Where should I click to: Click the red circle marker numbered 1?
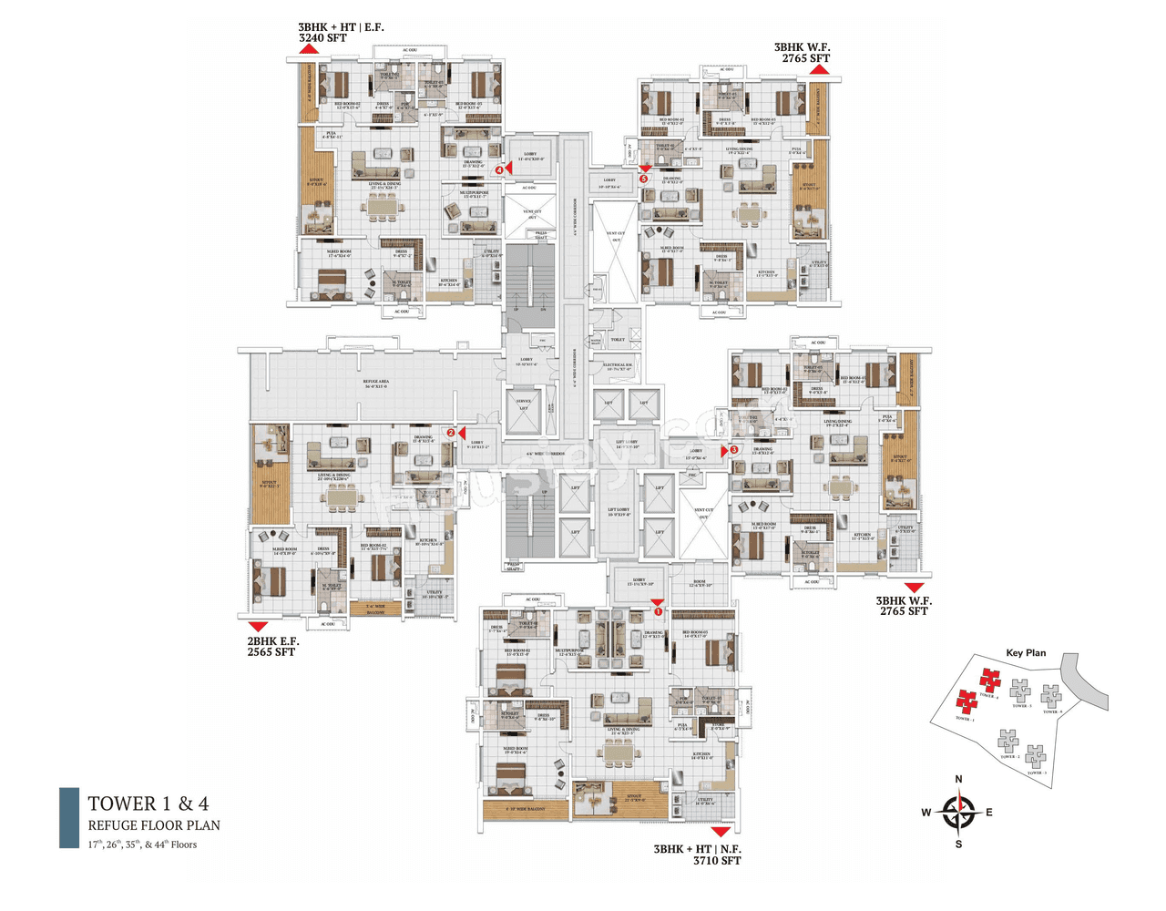(x=659, y=611)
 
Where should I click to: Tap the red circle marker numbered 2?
(x=451, y=433)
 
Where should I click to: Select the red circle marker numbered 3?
(x=734, y=450)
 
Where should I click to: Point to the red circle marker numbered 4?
(x=499, y=169)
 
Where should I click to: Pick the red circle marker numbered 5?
(x=644, y=179)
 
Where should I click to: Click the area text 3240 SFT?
(x=322, y=38)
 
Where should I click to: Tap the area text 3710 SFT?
(x=717, y=860)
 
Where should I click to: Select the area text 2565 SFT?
(x=271, y=652)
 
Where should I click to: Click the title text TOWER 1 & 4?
(x=148, y=804)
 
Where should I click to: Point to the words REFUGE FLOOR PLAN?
(x=154, y=825)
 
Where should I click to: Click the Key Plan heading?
(x=1026, y=652)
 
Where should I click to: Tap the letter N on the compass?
(x=958, y=779)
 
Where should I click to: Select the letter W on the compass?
(x=926, y=813)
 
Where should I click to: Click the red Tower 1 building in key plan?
(x=966, y=701)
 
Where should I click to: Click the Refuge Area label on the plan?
(x=375, y=384)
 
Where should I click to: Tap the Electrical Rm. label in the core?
(x=618, y=367)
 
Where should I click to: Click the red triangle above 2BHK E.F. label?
(x=259, y=627)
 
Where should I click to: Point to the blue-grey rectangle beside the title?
(x=69, y=818)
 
